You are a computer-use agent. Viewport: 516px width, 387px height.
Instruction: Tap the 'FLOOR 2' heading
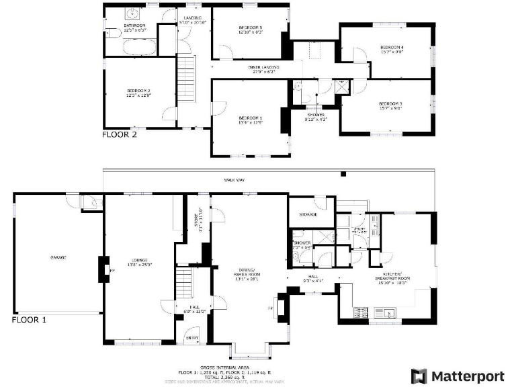click(119, 134)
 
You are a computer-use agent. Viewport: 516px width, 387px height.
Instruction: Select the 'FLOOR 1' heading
click(29, 320)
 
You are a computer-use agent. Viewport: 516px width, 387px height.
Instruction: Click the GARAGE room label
click(58, 257)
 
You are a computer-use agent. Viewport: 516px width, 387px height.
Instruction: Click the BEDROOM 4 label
click(392, 47)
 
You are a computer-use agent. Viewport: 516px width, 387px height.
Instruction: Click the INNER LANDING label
click(263, 67)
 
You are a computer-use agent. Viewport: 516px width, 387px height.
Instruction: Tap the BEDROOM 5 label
click(251, 28)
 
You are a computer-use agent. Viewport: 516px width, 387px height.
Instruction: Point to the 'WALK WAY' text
click(234, 180)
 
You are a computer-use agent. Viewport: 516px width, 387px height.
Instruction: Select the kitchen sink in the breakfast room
click(390, 311)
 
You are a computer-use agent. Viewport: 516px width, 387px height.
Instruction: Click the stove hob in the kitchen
click(359, 311)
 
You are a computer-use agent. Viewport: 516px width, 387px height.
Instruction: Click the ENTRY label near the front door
click(191, 338)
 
